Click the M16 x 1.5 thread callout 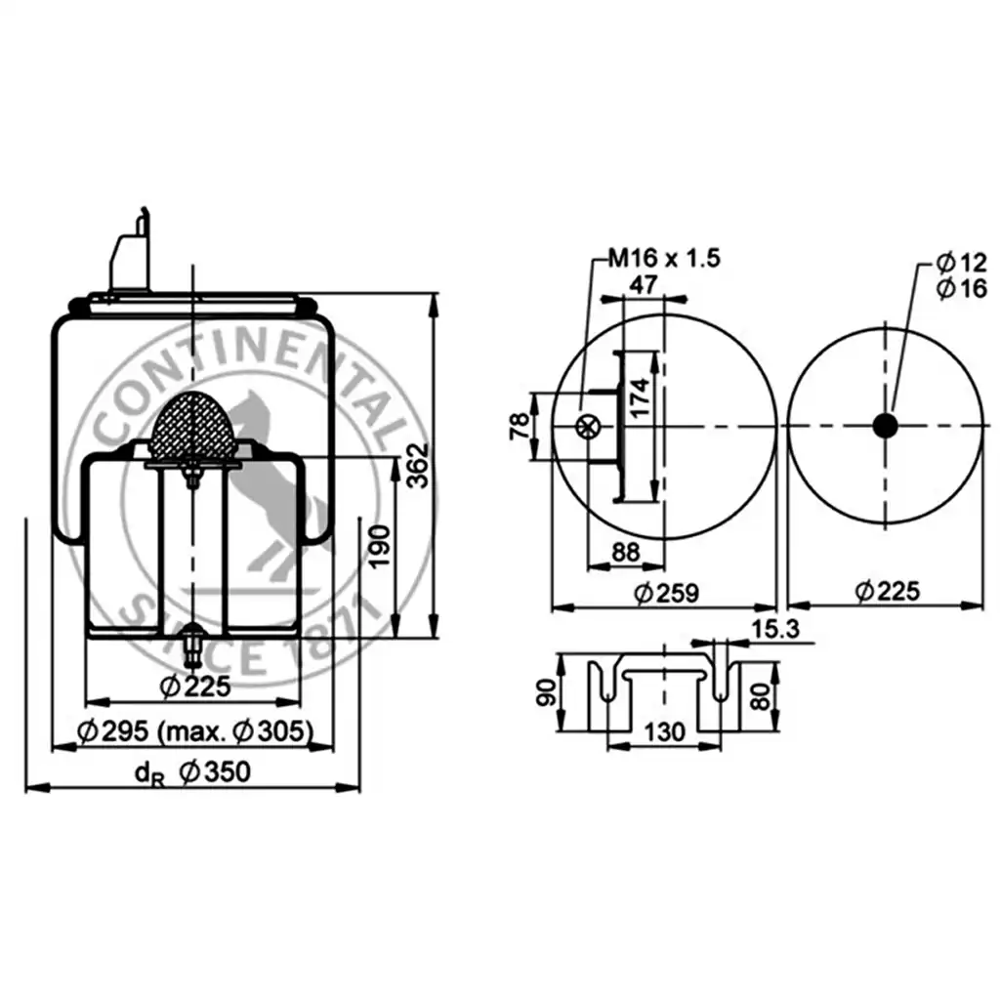(x=664, y=258)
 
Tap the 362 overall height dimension (x=418, y=466)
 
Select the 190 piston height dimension (x=380, y=547)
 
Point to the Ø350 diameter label (x=215, y=772)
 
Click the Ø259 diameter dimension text (x=666, y=593)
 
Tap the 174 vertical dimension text (x=640, y=397)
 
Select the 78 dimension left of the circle (x=520, y=426)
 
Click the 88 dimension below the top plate (x=626, y=553)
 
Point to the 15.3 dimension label (x=774, y=630)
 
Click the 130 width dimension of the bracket (x=664, y=732)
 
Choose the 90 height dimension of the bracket (x=547, y=692)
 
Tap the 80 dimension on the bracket (x=761, y=695)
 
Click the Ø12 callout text (x=961, y=262)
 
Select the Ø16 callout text (x=961, y=288)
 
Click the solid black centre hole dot (x=885, y=426)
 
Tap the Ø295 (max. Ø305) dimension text (x=194, y=731)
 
